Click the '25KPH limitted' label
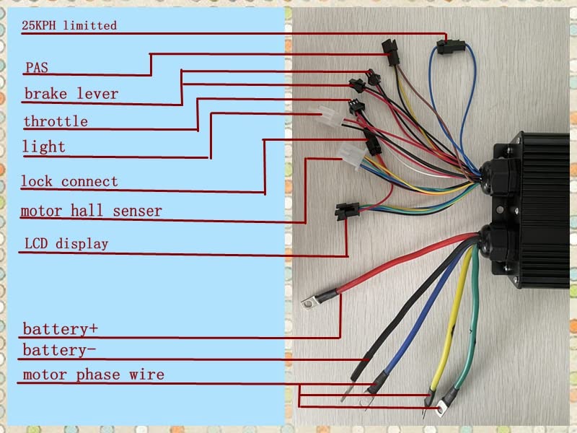(x=69, y=25)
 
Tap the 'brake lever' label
(x=71, y=94)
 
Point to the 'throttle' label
(x=56, y=121)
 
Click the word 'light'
(x=44, y=147)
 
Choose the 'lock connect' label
(x=69, y=181)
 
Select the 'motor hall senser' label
(x=91, y=211)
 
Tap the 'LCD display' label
(x=65, y=243)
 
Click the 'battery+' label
(x=60, y=329)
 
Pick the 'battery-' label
(x=60, y=350)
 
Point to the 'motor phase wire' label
(x=93, y=375)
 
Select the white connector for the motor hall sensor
(x=353, y=153)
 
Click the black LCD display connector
(x=346, y=211)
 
